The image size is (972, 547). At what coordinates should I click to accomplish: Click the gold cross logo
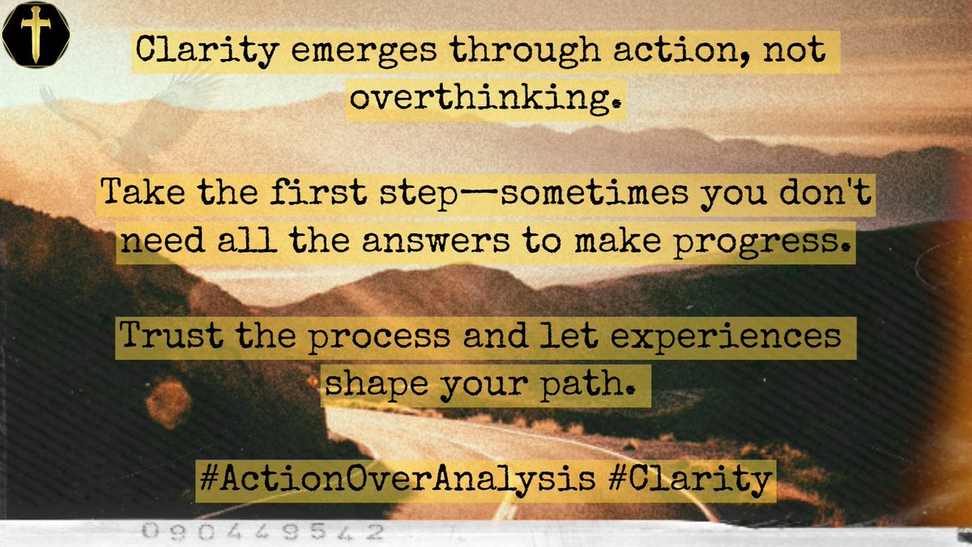click(x=36, y=35)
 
